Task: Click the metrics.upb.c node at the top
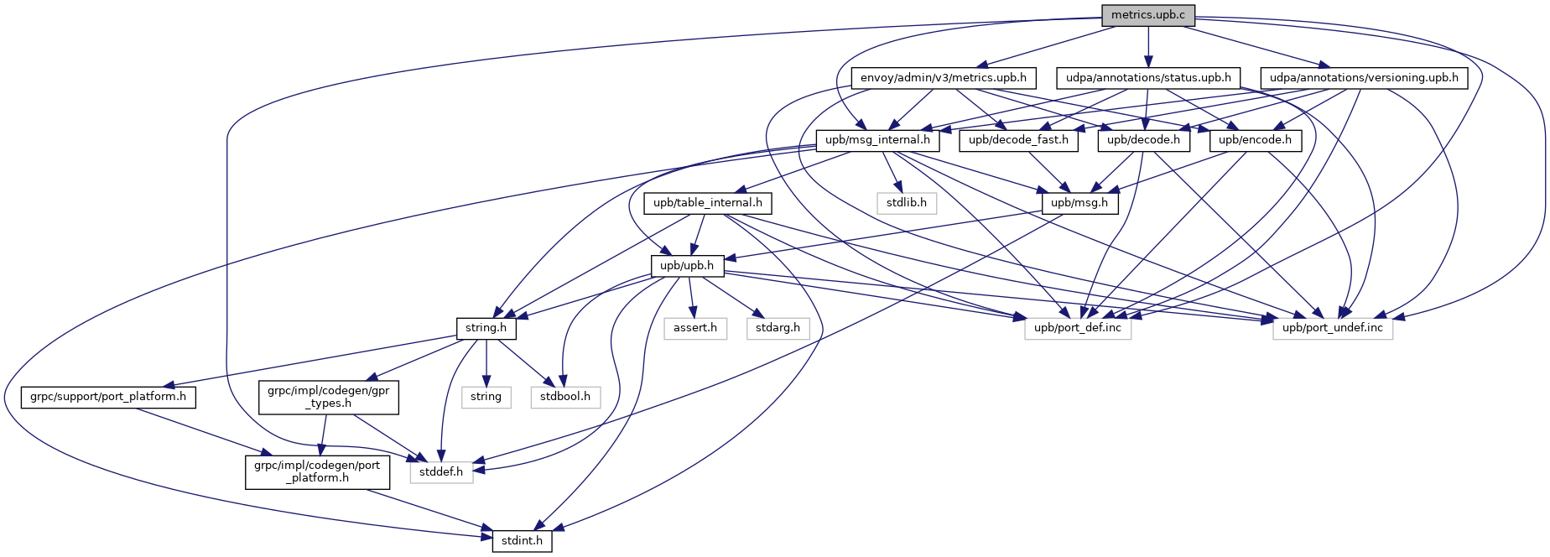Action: (x=1148, y=16)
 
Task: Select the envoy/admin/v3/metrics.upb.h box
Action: (x=944, y=78)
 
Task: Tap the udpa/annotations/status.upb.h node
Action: (x=1148, y=78)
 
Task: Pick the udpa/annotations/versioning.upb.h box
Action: (x=1364, y=78)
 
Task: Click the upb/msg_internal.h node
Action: (x=877, y=140)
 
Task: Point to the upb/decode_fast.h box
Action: (x=1018, y=140)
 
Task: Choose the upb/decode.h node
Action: (x=1143, y=140)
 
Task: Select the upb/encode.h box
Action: (x=1255, y=140)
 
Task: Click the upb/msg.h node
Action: (x=1079, y=203)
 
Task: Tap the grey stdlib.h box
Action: (x=907, y=203)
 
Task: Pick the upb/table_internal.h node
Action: (x=708, y=203)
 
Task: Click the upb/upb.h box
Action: (x=687, y=266)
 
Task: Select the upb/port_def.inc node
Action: (x=1078, y=328)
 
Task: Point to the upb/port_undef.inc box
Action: (x=1333, y=328)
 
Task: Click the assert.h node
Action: (x=695, y=328)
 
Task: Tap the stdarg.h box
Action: (x=778, y=328)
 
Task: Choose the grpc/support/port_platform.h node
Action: (x=108, y=397)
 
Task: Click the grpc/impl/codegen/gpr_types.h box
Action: (x=329, y=397)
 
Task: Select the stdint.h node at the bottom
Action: (x=522, y=541)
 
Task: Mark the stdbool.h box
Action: (x=565, y=397)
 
